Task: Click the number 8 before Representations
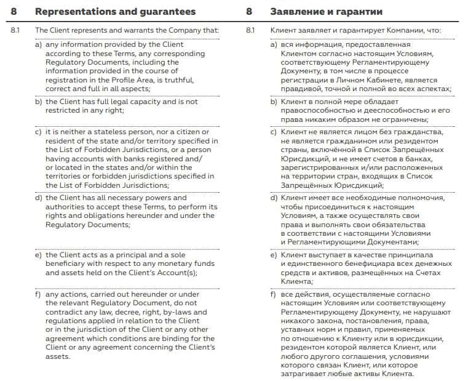pos(14,12)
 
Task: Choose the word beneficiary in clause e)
pos(66,263)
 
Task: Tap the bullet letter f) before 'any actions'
pos(38,294)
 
